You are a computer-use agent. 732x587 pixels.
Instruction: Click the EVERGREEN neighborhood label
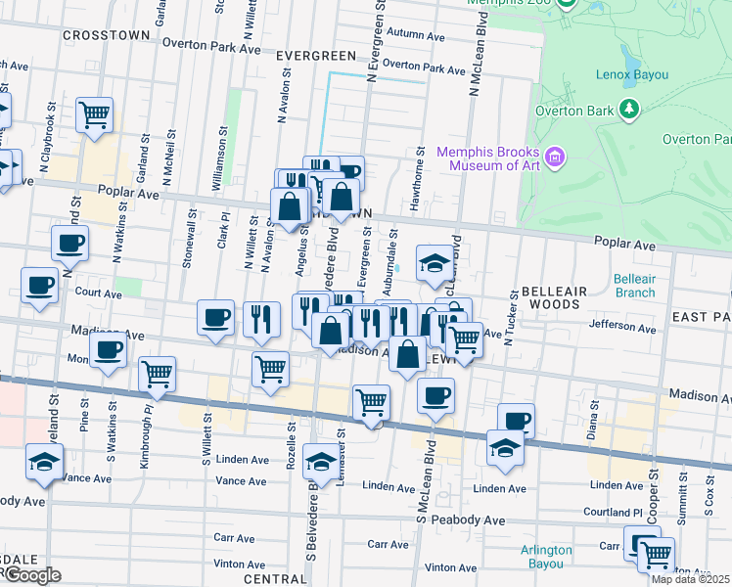(x=312, y=57)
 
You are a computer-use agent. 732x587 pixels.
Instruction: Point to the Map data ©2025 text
(x=691, y=579)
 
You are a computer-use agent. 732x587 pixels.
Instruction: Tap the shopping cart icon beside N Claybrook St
(x=95, y=115)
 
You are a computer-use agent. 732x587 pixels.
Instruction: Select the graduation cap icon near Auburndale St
(x=435, y=262)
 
